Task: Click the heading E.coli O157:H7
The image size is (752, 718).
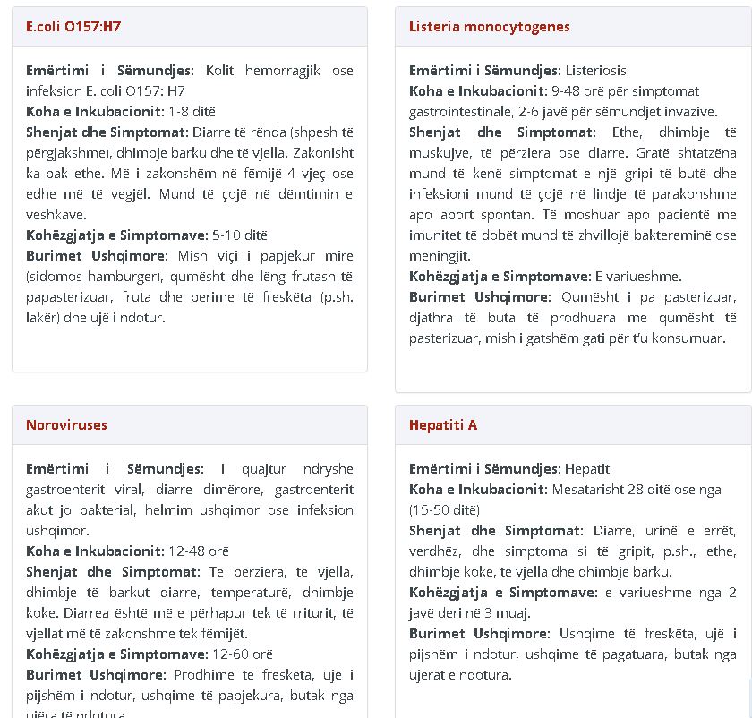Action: tap(73, 27)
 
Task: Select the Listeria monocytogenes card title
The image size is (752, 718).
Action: tap(489, 27)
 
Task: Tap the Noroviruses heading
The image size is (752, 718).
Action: tap(66, 425)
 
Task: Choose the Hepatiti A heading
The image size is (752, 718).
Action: tap(443, 425)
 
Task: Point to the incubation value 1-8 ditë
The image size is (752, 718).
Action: tap(192, 112)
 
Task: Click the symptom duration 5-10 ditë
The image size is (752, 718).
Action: tap(240, 235)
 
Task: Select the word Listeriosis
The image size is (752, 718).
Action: tap(595, 71)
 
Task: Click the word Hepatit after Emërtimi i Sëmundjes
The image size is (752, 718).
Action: tap(587, 469)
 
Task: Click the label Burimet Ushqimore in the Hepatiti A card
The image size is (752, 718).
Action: tap(479, 634)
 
